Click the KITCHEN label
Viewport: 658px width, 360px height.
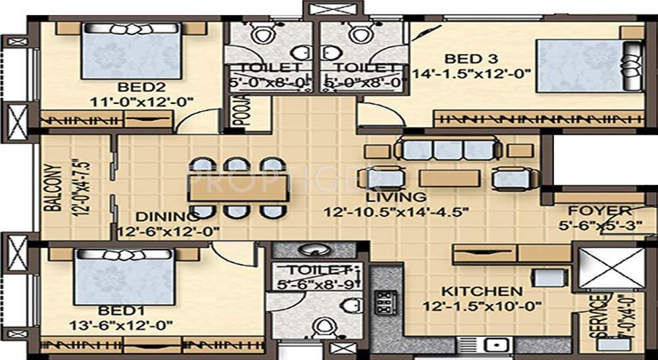pos(482,291)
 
